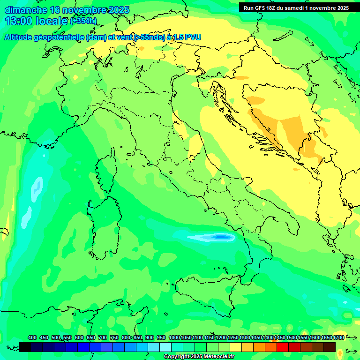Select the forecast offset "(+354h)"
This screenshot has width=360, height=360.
(x=83, y=21)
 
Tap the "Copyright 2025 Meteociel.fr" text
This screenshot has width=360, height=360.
(x=199, y=356)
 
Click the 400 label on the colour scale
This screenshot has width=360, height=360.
(x=32, y=337)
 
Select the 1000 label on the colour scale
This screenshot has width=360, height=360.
(x=174, y=337)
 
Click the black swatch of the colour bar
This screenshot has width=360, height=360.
(x=25, y=347)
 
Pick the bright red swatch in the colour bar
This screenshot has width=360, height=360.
(x=283, y=347)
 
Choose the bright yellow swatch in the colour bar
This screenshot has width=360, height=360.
(x=236, y=347)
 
